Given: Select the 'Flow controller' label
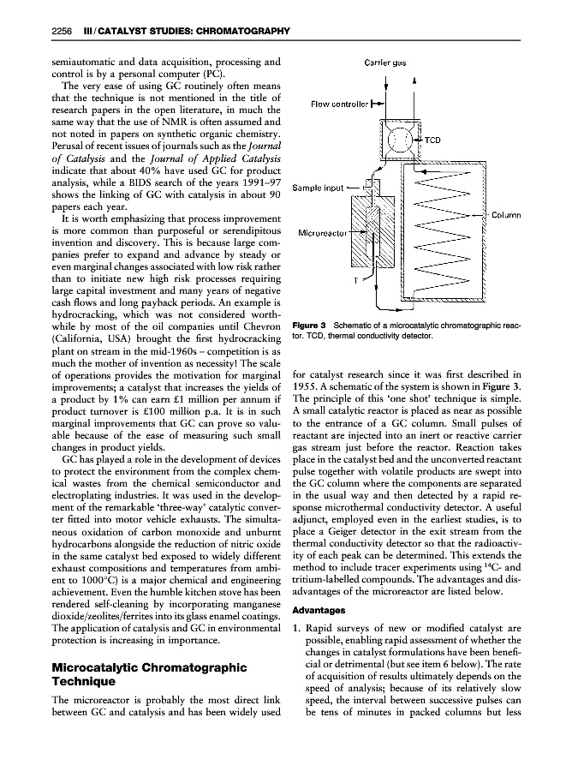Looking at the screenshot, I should (341, 107).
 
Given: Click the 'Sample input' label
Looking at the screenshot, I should (319, 187).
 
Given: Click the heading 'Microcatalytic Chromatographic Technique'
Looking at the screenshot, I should (149, 674).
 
